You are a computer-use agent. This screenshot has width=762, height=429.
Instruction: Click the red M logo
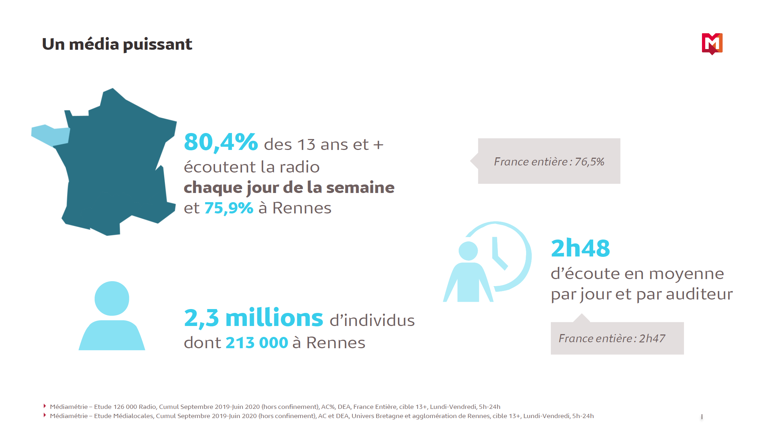pos(712,44)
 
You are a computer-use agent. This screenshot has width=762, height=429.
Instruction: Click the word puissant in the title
pos(157,45)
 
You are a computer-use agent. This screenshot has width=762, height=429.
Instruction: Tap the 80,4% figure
pos(221,142)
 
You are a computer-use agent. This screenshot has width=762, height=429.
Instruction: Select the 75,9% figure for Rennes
pos(229,208)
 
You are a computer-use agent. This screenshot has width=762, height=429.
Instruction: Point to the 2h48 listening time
pos(580,248)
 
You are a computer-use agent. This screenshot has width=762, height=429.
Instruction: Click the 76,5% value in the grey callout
pos(589,162)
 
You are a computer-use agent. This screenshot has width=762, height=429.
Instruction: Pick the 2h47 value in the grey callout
pos(652,338)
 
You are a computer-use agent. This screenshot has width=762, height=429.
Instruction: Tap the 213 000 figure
pos(257,343)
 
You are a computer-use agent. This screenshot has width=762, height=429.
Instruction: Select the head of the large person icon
pos(112,298)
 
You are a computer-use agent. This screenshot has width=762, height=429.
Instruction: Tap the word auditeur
pos(699,294)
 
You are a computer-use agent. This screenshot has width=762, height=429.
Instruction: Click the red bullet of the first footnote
pos(45,406)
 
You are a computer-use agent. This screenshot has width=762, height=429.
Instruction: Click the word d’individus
pos(372,320)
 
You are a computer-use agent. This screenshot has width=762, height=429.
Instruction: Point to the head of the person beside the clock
pos(468,251)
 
